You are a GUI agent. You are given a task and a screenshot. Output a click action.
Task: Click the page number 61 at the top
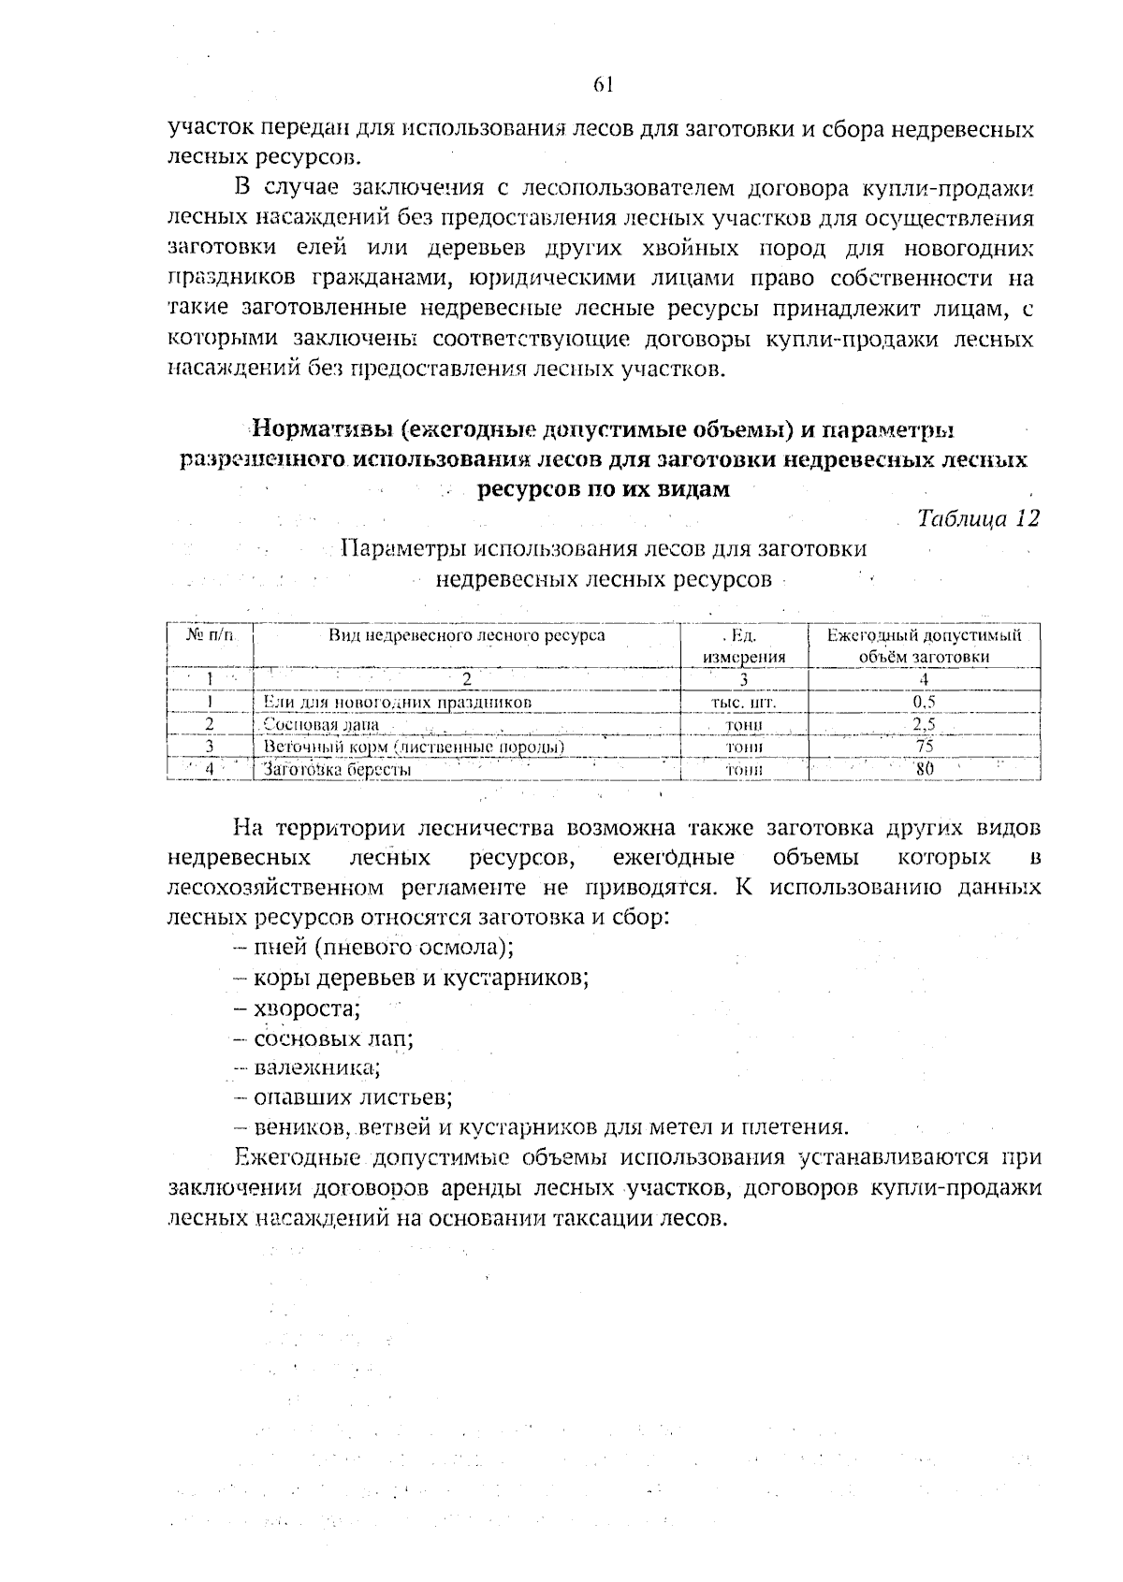click(603, 84)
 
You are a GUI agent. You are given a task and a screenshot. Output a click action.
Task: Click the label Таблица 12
click(977, 519)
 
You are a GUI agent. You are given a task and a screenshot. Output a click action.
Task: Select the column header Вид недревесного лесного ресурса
click(465, 636)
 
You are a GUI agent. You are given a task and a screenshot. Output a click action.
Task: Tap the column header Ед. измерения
click(743, 646)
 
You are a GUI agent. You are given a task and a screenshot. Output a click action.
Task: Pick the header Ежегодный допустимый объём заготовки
click(924, 646)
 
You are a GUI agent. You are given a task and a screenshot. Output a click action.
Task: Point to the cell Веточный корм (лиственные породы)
click(413, 747)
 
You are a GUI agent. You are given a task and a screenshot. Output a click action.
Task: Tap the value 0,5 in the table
click(924, 702)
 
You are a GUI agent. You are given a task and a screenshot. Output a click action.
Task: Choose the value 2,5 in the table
click(924, 724)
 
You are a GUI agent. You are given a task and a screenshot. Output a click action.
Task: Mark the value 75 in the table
click(924, 747)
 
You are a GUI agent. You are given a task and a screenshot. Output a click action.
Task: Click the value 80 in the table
click(925, 770)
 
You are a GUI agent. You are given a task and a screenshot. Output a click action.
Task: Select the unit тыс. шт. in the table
click(744, 702)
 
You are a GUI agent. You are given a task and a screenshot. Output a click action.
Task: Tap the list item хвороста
click(307, 1009)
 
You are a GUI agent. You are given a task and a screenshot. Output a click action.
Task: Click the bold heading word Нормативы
click(320, 430)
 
